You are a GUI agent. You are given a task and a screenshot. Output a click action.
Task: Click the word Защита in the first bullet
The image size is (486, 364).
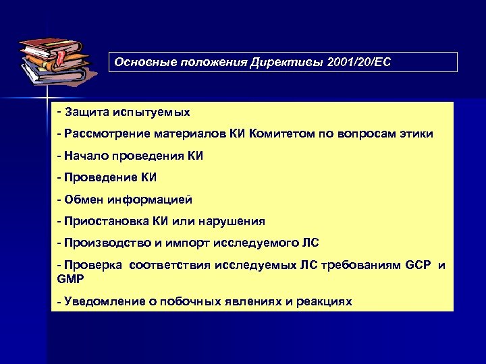[88, 111]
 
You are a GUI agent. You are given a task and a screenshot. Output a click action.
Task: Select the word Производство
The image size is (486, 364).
[105, 243]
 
